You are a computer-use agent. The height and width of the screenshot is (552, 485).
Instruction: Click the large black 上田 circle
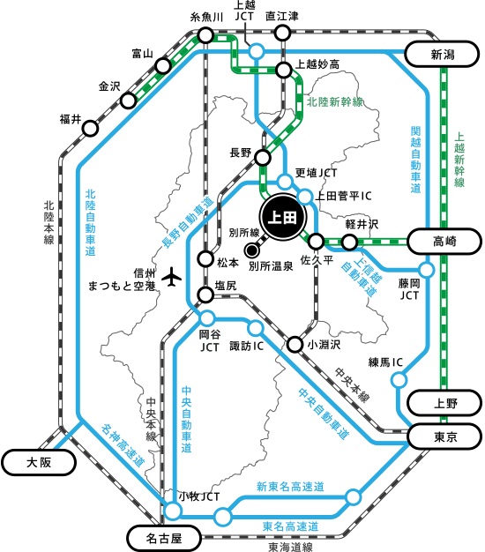[283, 217]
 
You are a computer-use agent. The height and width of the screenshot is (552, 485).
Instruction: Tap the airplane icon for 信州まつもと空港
[171, 277]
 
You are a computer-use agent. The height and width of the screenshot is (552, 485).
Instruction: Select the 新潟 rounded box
[442, 54]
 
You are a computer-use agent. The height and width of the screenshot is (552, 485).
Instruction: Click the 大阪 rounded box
[39, 462]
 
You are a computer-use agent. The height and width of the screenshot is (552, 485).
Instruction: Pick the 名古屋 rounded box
[164, 538]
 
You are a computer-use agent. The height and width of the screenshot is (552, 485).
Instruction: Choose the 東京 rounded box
[444, 436]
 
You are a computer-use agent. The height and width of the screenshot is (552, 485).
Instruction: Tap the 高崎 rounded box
[444, 242]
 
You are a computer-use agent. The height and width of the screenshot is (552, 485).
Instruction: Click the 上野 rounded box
[444, 403]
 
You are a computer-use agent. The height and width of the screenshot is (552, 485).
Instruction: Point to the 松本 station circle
[205, 259]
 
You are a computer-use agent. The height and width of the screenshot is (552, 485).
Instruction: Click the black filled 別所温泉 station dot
[251, 250]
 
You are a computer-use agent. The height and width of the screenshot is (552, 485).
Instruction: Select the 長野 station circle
[263, 158]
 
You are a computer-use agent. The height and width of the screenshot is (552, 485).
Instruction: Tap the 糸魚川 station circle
[205, 35]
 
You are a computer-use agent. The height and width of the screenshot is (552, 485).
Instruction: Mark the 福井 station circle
[91, 129]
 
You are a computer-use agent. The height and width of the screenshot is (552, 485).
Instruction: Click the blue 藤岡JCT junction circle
[427, 271]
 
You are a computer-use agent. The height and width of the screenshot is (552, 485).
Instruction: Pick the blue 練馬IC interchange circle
[399, 380]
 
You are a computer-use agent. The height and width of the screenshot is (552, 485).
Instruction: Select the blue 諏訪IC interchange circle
[255, 328]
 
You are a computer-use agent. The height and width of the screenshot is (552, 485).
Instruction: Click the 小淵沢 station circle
[295, 344]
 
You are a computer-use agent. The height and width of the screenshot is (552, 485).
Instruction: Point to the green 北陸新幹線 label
[335, 102]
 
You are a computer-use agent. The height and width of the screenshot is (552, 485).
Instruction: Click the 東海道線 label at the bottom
[290, 547]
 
